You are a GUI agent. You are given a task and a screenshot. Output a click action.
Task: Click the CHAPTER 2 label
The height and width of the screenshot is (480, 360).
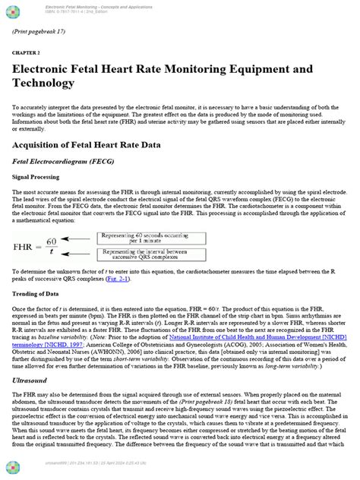click(x=25, y=55)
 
